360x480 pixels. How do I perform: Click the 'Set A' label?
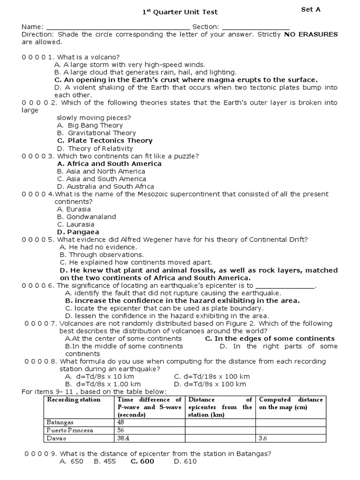coord(311,9)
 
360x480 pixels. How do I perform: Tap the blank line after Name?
coord(118,27)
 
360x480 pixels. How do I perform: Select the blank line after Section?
coord(255,27)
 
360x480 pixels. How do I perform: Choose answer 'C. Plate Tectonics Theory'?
coord(105,141)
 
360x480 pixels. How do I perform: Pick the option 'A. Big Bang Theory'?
coord(90,126)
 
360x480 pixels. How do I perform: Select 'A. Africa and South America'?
coord(109,164)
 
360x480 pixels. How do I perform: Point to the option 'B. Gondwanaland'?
coord(86,217)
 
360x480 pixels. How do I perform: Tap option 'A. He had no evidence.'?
coord(98,247)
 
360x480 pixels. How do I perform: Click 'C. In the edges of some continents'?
coord(270,338)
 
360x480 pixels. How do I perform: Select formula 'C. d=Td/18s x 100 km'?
coord(212,376)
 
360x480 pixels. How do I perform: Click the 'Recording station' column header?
coord(74,400)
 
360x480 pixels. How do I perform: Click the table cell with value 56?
coord(121,430)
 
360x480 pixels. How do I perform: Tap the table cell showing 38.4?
coord(124,438)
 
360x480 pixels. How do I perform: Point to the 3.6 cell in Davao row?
coord(263,438)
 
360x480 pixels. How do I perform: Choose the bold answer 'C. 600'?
coord(142,462)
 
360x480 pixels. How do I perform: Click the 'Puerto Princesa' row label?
coord(69,430)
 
